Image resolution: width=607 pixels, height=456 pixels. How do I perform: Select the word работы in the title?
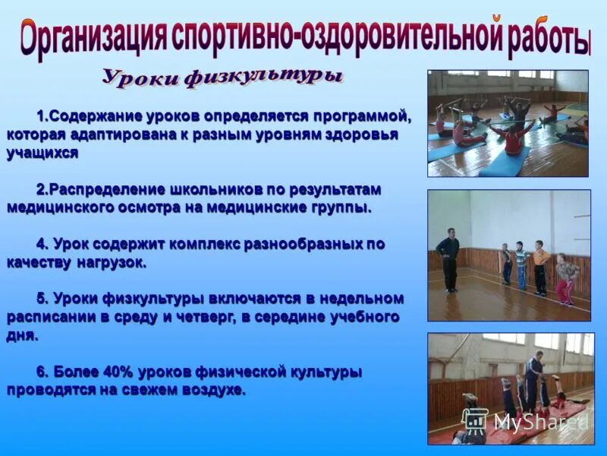(549, 39)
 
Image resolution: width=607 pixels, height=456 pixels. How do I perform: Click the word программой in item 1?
(363, 118)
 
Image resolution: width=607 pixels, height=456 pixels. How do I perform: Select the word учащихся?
(42, 152)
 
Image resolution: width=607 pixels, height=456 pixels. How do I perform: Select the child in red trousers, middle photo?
(565, 281)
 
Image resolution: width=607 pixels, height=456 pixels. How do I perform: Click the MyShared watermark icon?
(475, 421)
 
